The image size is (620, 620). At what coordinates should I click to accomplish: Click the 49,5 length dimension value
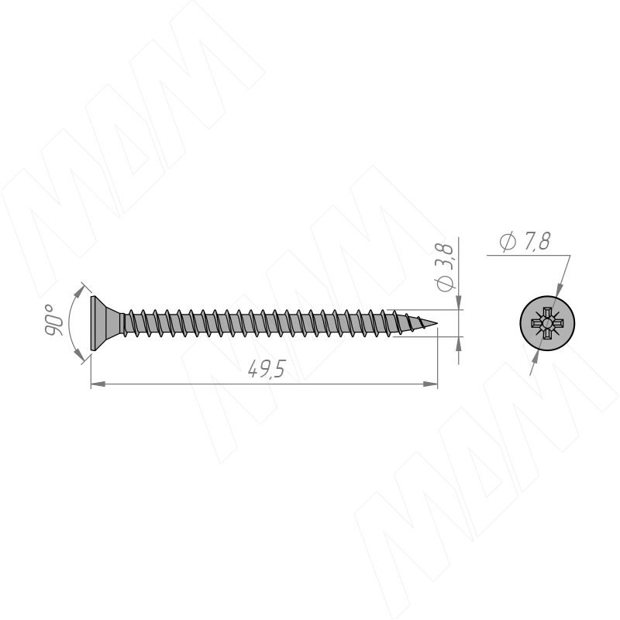click(x=266, y=370)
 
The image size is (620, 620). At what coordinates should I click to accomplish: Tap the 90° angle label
click(x=53, y=320)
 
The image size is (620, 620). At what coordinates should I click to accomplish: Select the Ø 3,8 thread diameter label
click(x=444, y=267)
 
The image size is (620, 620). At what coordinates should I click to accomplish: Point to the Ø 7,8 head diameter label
click(x=525, y=241)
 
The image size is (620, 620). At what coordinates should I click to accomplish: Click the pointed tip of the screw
click(x=437, y=323)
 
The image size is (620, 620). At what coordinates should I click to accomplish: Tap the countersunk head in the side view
click(x=105, y=323)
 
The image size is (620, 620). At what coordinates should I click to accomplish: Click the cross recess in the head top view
click(x=547, y=323)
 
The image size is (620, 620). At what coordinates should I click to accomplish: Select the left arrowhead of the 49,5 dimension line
click(x=98, y=384)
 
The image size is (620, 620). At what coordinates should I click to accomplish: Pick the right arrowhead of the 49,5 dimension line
click(x=430, y=384)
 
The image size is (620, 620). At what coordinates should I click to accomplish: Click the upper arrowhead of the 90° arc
click(x=81, y=291)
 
